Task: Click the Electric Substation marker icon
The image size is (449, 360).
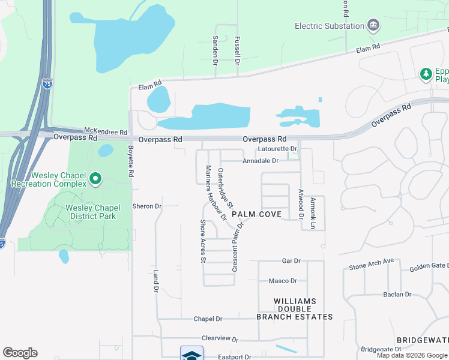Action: [374, 25]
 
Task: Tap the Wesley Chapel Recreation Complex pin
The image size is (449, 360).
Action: [95, 179]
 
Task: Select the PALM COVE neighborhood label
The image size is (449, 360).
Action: [256, 214]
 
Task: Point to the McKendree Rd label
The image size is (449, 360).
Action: [106, 131]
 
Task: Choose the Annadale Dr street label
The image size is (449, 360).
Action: [261, 161]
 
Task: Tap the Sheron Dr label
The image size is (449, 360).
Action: [147, 206]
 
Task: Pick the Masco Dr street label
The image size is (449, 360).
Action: [283, 281]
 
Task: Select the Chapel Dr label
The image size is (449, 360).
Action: [208, 319]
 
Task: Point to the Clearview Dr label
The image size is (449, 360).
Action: [220, 339]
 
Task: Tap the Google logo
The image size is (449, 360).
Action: [20, 353]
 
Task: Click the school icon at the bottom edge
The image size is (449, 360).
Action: [191, 353]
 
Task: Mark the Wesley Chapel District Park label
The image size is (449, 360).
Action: [92, 212]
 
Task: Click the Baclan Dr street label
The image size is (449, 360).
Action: [397, 295]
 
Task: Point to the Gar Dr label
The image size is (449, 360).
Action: [291, 261]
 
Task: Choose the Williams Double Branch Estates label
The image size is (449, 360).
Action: [294, 308]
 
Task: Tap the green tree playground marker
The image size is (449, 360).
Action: [426, 73]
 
